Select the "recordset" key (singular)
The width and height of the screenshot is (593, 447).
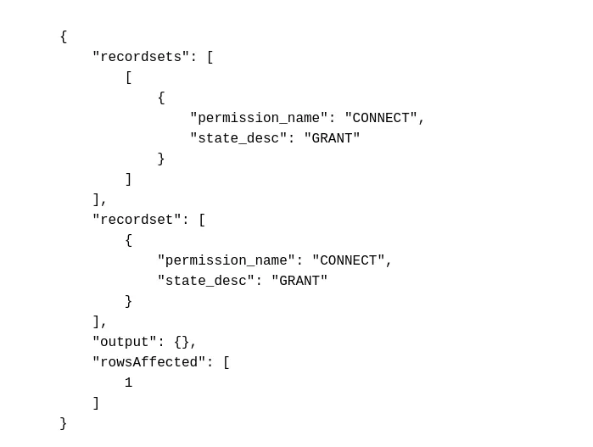(x=137, y=220)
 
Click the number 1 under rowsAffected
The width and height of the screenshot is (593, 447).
(x=129, y=383)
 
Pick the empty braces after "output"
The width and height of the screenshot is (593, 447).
(x=182, y=342)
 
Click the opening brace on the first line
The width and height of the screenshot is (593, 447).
(x=64, y=36)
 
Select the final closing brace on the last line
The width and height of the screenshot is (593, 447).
(x=64, y=423)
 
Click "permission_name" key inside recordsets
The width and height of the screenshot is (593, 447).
(x=259, y=118)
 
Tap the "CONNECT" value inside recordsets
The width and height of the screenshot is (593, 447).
(x=381, y=118)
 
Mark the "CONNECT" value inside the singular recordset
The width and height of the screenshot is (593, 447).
(x=349, y=260)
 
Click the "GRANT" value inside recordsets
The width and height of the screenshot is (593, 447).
(x=332, y=138)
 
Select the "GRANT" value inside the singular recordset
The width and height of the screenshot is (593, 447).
(x=299, y=281)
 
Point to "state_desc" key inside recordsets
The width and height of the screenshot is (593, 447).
(x=238, y=138)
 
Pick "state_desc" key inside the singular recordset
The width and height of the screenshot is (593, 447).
(x=206, y=281)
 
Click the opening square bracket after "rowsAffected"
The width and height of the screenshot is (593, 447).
(x=227, y=362)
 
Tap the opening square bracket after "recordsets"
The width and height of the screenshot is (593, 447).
(x=210, y=57)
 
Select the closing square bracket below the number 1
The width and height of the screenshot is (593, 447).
(x=96, y=403)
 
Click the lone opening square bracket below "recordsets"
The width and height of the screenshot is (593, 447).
(x=129, y=77)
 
